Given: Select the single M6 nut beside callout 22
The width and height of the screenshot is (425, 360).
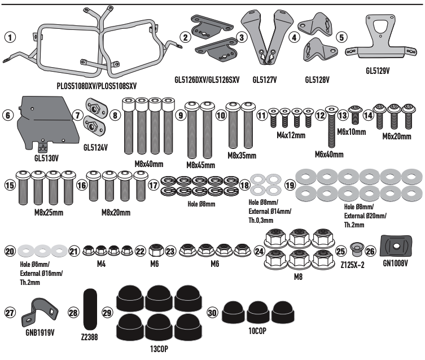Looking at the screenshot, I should pyautogui.click(x=157, y=249).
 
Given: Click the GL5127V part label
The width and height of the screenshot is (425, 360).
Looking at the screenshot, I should pyautogui.click(x=268, y=80).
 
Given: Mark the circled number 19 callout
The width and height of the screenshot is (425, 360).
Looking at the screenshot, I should pyautogui.click(x=290, y=185).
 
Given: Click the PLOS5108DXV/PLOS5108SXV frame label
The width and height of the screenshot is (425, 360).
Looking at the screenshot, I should pyautogui.click(x=98, y=87).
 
